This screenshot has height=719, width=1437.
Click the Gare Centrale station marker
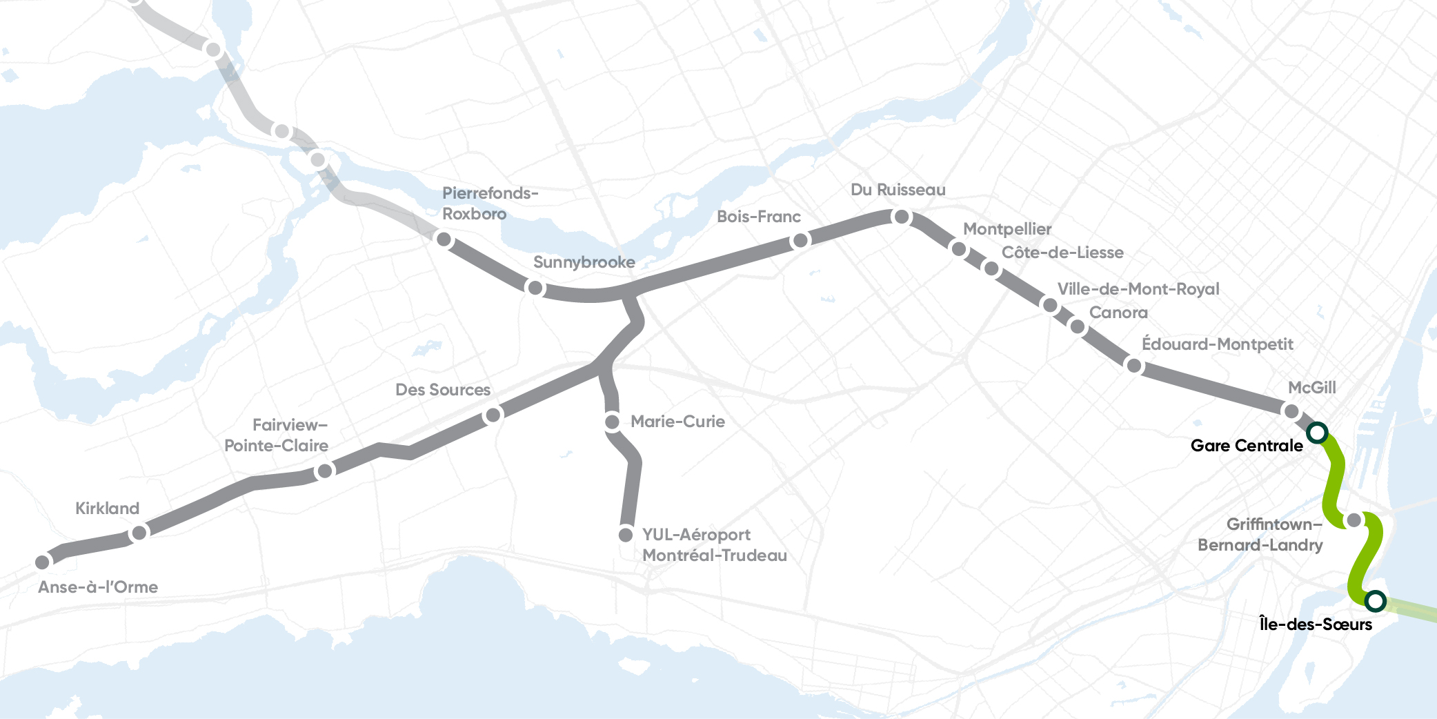point(1317,433)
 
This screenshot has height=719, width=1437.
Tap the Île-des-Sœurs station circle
point(1375,600)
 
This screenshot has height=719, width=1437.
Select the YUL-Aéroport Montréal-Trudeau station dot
point(626,535)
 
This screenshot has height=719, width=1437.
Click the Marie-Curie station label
point(677,422)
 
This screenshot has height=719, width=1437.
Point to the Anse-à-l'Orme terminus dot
point(43,562)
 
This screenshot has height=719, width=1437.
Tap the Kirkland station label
point(107,509)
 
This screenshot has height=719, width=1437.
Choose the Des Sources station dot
point(493,415)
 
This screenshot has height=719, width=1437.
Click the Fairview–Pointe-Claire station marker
point(324,471)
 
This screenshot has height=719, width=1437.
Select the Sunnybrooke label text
point(584,262)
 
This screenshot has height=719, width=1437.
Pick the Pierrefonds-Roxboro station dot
point(444,239)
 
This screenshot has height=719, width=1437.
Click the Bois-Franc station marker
point(800,240)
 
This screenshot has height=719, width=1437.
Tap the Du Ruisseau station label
point(898,190)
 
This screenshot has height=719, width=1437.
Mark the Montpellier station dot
point(958,248)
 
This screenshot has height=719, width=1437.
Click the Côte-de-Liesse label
point(1062,253)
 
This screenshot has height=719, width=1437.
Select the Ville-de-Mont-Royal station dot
point(1049,305)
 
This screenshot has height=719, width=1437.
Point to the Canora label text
point(1118,313)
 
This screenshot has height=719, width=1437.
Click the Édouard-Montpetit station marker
point(1133,365)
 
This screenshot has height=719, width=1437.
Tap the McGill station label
point(1311,388)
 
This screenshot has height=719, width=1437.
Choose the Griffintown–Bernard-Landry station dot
point(1354,520)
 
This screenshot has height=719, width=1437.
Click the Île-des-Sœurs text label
point(1315,624)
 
